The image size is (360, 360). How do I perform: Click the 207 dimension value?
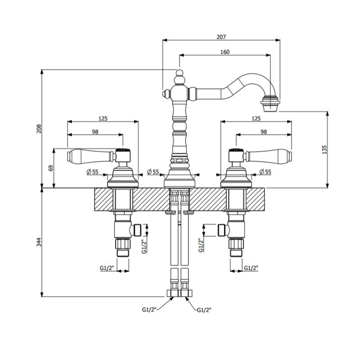[x=221, y=37]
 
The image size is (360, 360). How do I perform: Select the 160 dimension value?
[x=225, y=52]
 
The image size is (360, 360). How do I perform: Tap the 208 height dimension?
[x=39, y=129]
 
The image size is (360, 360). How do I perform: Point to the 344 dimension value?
[x=39, y=242]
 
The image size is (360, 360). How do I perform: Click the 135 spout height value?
[x=324, y=150]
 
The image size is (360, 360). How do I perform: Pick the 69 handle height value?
[x=51, y=168]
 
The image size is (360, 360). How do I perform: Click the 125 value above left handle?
[x=103, y=118]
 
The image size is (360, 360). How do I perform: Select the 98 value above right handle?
[x=264, y=132]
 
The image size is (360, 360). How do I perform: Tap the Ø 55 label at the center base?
[x=153, y=171]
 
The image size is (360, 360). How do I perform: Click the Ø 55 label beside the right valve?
[x=265, y=171]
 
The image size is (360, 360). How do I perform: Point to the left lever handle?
[x=91, y=156]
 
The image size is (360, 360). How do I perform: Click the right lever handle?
[x=268, y=156]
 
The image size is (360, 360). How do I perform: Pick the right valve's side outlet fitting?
[x=221, y=230]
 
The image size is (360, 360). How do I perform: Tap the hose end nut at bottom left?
[x=172, y=293]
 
